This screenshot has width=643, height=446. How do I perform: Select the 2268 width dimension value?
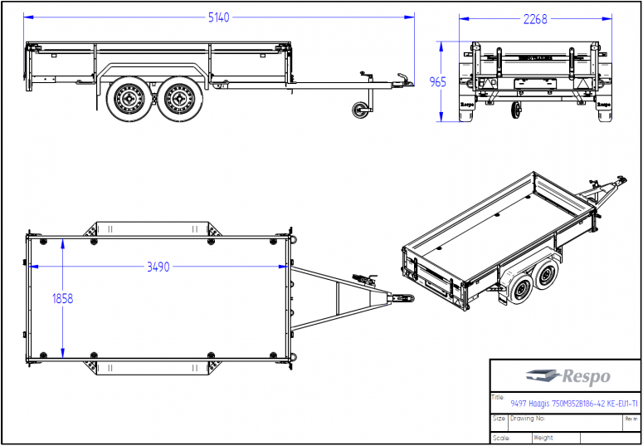pos(535,19)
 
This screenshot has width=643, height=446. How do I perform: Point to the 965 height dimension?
pos(437,81)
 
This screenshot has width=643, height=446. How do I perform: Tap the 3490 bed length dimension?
pos(158,267)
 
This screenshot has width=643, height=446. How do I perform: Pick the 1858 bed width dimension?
pos(62,299)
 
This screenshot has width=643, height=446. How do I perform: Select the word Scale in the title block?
pos(500,438)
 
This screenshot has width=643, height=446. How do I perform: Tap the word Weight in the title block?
pos(543,438)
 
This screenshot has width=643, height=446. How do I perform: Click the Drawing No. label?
pos(528,419)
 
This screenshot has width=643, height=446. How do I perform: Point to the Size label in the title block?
pos(499,419)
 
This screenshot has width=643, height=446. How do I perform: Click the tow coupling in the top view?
pos(403,297)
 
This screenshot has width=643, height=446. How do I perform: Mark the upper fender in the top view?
pos(152,228)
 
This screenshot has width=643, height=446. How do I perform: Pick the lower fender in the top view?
pos(152,367)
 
